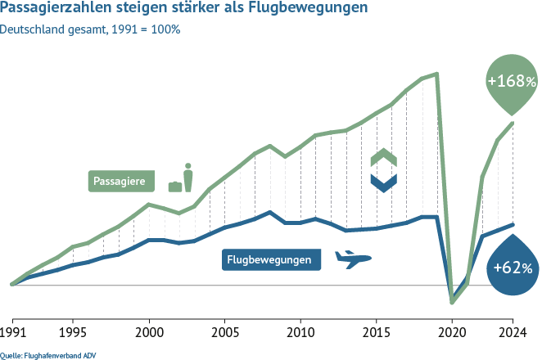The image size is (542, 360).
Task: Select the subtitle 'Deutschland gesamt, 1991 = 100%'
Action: point(90,30)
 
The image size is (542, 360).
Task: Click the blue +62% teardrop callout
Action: point(512,267)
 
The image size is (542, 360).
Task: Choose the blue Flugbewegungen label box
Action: point(271,260)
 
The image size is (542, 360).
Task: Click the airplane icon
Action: point(353,259)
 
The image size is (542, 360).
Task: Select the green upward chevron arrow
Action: point(383,158)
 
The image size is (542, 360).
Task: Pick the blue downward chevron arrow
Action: point(383,182)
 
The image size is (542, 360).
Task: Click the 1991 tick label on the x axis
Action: point(11,332)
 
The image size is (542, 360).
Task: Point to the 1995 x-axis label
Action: point(73,332)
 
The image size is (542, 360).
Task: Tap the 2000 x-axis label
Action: point(149,332)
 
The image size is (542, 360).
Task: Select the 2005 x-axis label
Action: point(224,332)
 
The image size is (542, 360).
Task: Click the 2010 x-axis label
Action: point(300,332)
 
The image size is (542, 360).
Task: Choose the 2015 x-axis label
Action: point(376,332)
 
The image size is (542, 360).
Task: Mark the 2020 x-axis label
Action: point(452,332)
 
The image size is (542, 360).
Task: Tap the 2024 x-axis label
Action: point(513,332)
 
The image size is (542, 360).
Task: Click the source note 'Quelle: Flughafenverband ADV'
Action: point(43,354)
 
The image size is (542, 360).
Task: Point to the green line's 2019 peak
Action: point(437,74)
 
